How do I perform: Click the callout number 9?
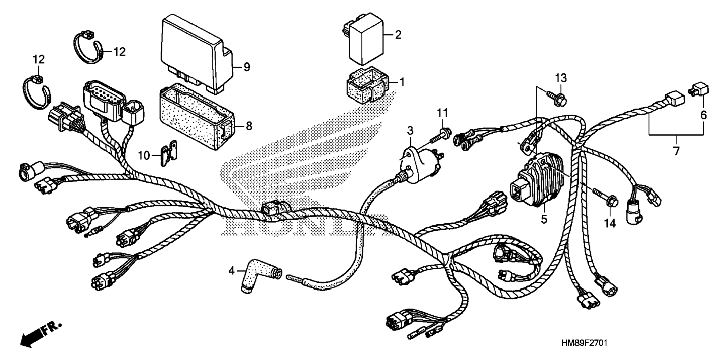246,67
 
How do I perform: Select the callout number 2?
398,35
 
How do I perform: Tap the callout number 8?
249,126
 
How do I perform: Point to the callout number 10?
144,155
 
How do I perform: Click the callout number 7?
676,151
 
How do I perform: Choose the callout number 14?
610,223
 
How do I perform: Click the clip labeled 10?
169,152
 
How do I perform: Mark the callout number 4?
232,270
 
